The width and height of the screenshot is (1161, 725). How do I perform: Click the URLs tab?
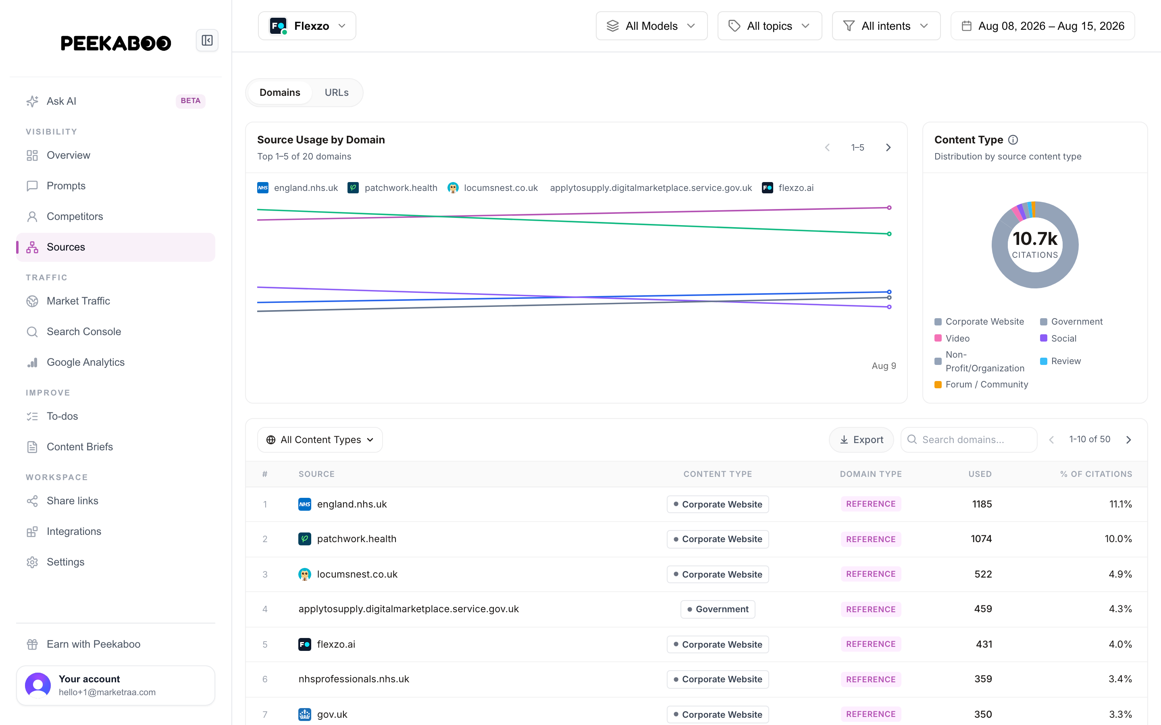[x=336, y=93]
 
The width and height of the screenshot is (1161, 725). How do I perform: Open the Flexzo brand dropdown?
[x=307, y=26]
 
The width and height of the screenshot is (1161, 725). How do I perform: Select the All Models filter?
[x=651, y=26]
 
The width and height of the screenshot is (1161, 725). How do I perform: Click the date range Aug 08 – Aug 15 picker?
[x=1042, y=26]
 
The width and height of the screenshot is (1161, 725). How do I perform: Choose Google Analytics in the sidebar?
[x=85, y=362]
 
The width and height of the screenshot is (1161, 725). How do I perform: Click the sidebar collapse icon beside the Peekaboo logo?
[x=207, y=40]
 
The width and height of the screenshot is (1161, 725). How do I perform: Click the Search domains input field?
[x=969, y=440]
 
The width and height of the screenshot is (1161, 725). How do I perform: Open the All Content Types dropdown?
[x=320, y=440]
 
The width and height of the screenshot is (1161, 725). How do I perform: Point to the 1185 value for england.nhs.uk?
[x=982, y=504]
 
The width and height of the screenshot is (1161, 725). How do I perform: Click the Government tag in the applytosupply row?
[x=718, y=609]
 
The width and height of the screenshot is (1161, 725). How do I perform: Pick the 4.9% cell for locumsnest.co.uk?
[x=1120, y=574]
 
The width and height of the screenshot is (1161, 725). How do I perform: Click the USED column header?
[x=980, y=474]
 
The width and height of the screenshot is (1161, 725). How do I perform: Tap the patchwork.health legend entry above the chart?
[x=392, y=187]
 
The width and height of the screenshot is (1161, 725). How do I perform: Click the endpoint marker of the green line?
[x=889, y=234]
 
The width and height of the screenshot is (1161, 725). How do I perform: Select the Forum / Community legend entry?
[x=981, y=385]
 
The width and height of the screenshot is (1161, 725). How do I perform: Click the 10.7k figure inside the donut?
[x=1035, y=238]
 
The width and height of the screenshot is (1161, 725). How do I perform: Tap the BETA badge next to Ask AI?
[x=190, y=101]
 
